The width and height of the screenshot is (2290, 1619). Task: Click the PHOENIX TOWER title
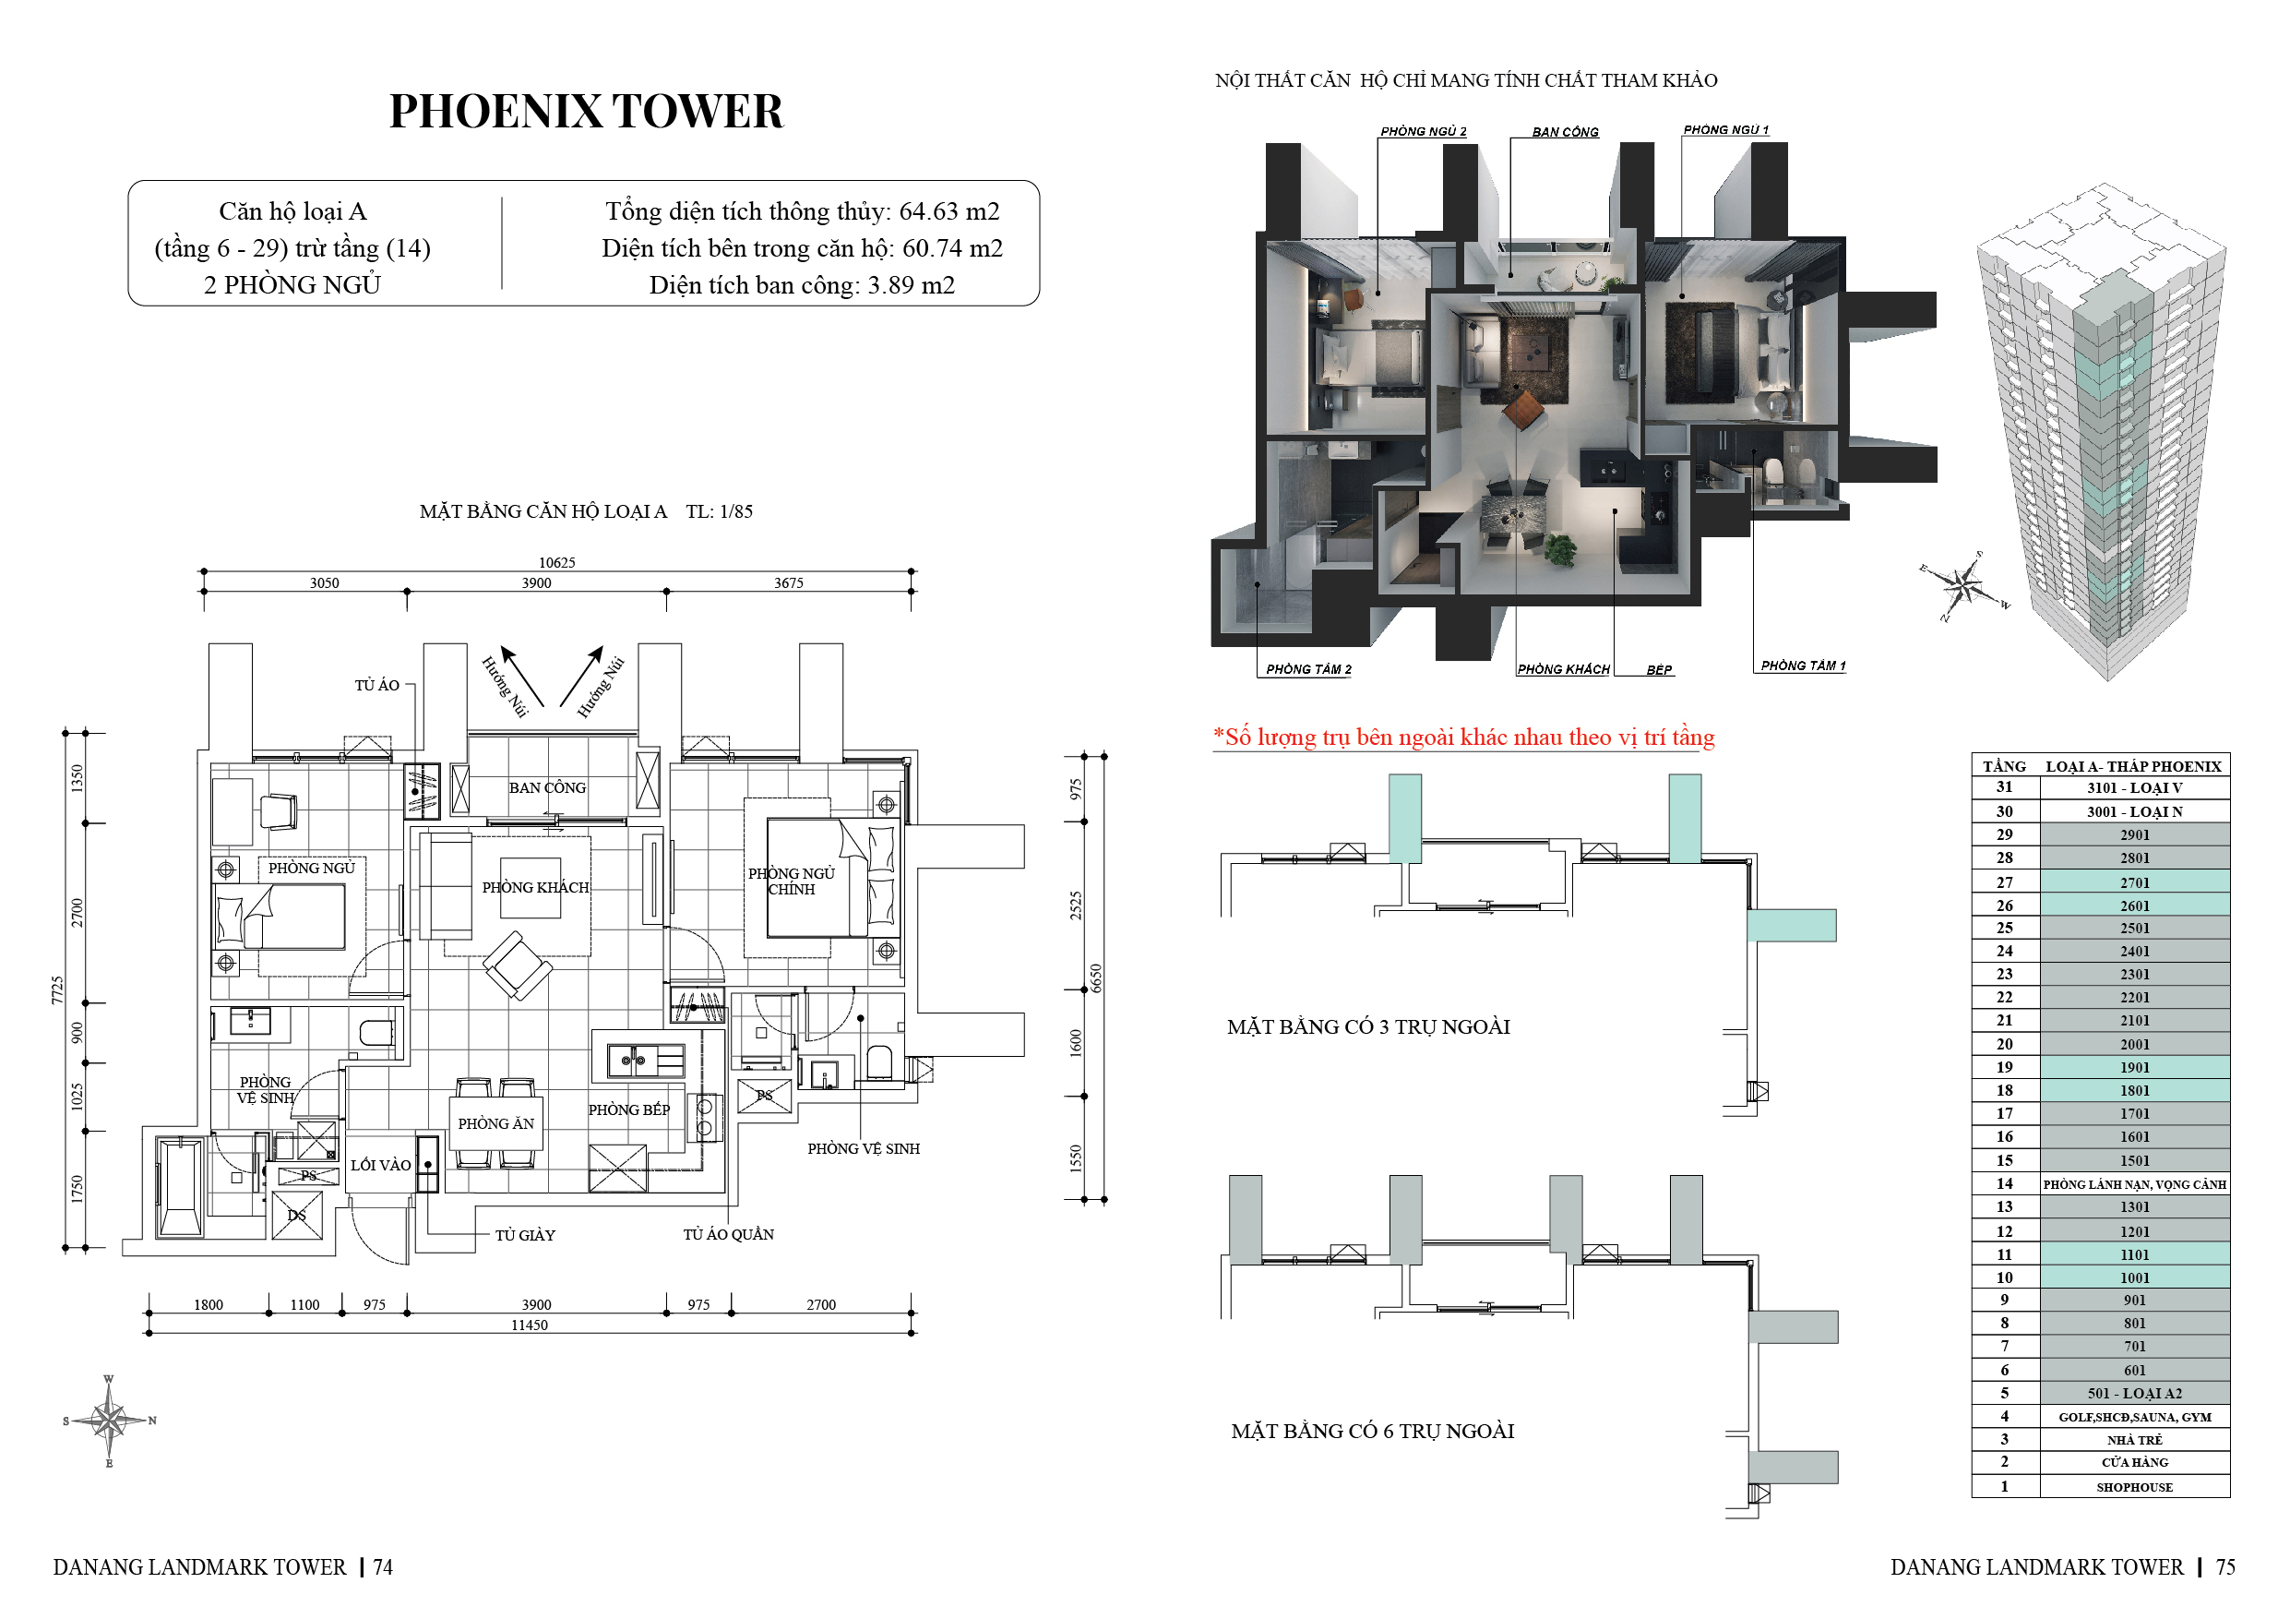(x=587, y=111)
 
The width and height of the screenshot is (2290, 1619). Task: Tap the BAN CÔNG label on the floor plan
(x=546, y=787)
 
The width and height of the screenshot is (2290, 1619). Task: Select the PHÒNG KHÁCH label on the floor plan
(x=536, y=887)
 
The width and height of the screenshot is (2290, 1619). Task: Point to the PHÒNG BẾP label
(x=628, y=1109)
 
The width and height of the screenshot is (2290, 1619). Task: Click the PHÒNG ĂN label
(x=495, y=1123)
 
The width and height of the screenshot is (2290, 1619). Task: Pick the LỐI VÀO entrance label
(x=380, y=1164)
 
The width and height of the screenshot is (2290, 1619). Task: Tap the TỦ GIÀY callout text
(x=525, y=1235)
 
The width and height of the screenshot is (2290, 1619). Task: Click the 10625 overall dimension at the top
(x=556, y=563)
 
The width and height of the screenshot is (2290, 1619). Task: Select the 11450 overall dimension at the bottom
(x=529, y=1325)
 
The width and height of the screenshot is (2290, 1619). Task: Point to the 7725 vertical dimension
(x=57, y=989)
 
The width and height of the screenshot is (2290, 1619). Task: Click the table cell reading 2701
(x=2134, y=881)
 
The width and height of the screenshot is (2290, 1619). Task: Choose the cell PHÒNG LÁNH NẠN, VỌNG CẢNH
(x=2134, y=1184)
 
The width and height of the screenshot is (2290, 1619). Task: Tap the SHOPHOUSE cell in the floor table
(x=2134, y=1486)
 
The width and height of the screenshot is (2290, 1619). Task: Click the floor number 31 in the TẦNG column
(x=2004, y=787)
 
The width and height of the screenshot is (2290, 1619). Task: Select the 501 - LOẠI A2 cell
(x=2134, y=1394)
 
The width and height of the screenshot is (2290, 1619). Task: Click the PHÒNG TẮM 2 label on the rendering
(x=1308, y=669)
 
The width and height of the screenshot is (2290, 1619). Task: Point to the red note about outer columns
(x=1463, y=738)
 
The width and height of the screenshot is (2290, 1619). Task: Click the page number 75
(x=2225, y=1567)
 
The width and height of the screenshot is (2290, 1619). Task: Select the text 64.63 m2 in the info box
(x=949, y=211)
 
